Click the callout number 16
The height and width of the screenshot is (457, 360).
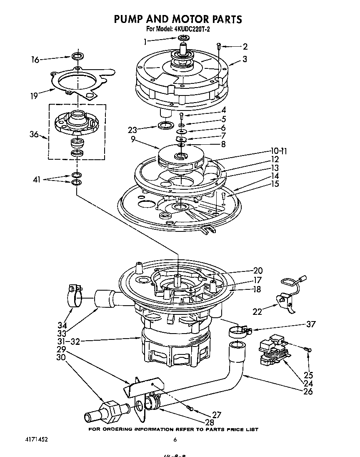pyautogui.click(x=35, y=60)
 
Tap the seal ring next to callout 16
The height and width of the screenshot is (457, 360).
pyautogui.click(x=77, y=56)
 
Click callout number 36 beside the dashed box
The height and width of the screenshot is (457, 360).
pyautogui.click(x=35, y=135)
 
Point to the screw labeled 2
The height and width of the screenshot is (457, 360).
pyautogui.click(x=219, y=47)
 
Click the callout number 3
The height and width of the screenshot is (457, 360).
pyautogui.click(x=245, y=59)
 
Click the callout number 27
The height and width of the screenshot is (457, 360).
pyautogui.click(x=217, y=415)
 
